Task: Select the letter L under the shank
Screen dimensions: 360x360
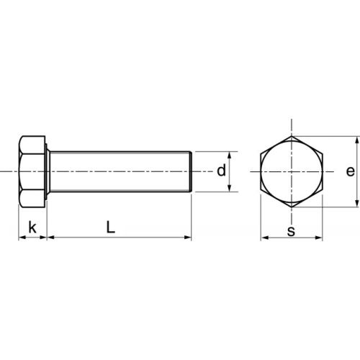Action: pyautogui.click(x=109, y=227)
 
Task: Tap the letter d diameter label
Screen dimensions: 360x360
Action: pyautogui.click(x=221, y=171)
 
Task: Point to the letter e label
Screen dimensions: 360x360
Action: pyautogui.click(x=349, y=171)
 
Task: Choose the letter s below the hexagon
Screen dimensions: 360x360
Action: pyautogui.click(x=291, y=231)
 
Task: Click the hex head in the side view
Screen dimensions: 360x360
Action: pyautogui.click(x=32, y=171)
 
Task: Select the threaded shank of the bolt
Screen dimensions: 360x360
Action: pyautogui.click(x=119, y=171)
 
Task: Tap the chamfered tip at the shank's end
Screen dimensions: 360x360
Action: pyautogui.click(x=191, y=171)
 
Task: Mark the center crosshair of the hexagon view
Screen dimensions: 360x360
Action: pyautogui.click(x=291, y=172)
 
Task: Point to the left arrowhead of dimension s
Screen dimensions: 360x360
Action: pyautogui.click(x=262, y=238)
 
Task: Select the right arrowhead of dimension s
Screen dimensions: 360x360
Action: pyautogui.click(x=320, y=238)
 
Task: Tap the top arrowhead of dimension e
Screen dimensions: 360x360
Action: pyautogui.click(x=357, y=140)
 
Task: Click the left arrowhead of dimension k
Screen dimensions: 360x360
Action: pyautogui.click(x=19, y=237)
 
